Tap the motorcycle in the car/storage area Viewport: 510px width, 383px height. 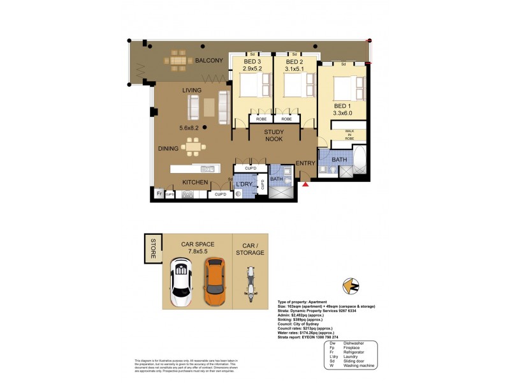(x=250, y=282)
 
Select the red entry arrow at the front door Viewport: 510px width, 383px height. (x=305, y=184)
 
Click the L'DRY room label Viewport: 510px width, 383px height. (x=245, y=184)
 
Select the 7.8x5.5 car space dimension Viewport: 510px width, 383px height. (x=197, y=252)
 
